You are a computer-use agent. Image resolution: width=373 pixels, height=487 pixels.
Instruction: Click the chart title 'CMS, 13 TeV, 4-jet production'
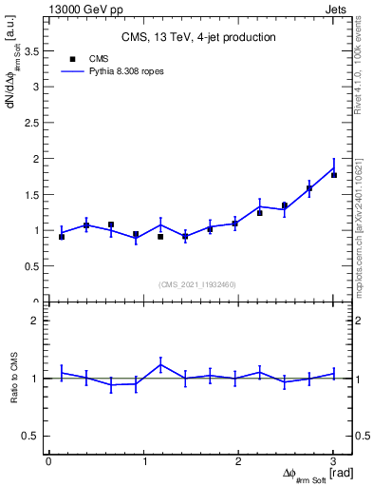point(198,37)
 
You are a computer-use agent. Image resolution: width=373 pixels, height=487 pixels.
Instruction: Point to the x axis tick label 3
point(333,461)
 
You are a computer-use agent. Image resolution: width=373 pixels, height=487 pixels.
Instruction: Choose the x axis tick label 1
point(143,461)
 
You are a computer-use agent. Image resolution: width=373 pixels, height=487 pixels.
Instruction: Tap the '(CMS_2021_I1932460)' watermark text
point(197,284)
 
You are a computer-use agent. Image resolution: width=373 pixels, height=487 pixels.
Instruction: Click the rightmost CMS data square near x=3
point(333,175)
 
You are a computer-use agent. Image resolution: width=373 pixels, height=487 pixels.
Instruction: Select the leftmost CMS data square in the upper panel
point(62,236)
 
